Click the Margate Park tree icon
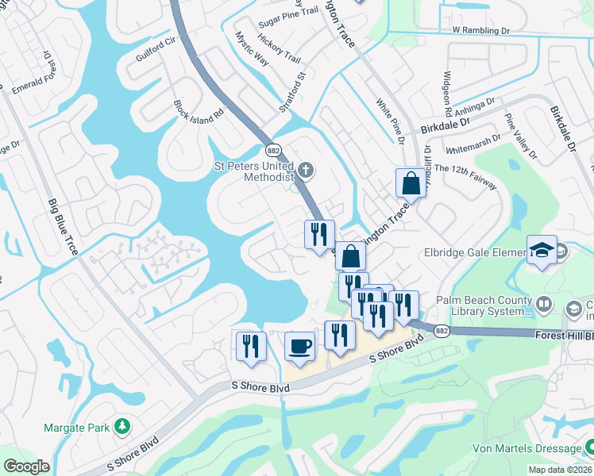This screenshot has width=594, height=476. coord(121,428)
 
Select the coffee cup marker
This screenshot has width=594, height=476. coord(299,346)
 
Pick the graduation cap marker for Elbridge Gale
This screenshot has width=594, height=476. coord(542,250)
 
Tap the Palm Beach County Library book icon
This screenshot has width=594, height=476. coord(545,303)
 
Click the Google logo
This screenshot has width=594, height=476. coord(26,466)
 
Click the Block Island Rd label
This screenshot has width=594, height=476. coord(189,120)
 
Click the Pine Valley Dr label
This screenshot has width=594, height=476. coord(520,135)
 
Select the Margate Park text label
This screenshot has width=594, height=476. coord(76,428)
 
